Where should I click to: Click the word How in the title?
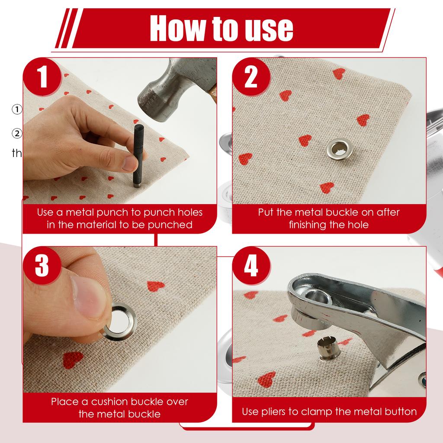pos(175,29)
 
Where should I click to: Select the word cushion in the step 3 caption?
pos(113,401)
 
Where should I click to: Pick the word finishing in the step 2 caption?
pos(309,225)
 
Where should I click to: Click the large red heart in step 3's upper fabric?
pos(156,286)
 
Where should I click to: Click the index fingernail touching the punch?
pos(129,163)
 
